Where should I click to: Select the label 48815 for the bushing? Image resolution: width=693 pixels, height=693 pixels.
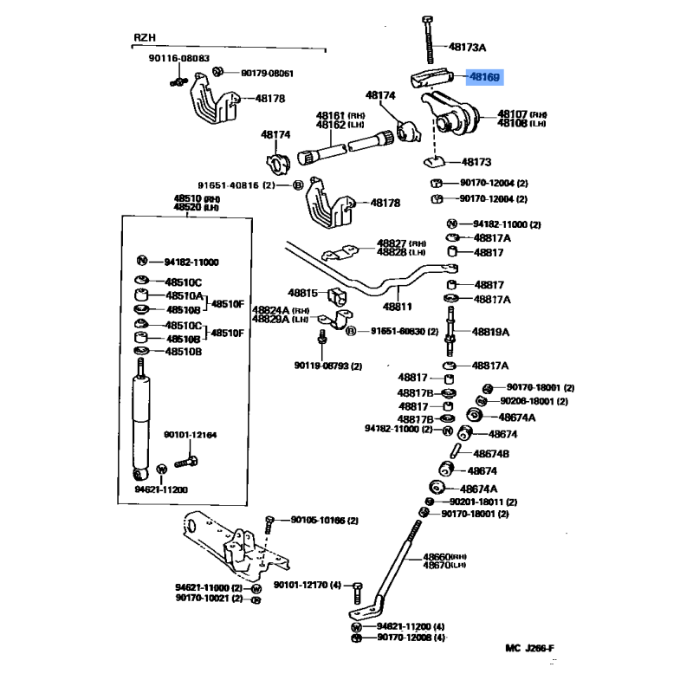pyautogui.click(x=303, y=294)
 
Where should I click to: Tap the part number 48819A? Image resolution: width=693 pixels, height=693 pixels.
pyautogui.click(x=490, y=332)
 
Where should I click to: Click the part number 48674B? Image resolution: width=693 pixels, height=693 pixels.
pyautogui.click(x=490, y=453)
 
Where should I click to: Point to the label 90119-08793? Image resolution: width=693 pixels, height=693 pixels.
pyautogui.click(x=321, y=366)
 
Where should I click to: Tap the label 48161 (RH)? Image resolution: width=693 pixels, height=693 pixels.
pyautogui.click(x=330, y=114)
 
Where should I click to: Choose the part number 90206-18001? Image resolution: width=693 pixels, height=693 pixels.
pyautogui.click(x=534, y=401)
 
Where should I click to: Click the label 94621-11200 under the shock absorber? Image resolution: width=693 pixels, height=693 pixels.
pyautogui.click(x=161, y=489)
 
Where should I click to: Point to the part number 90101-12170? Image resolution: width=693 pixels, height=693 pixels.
pyautogui.click(x=306, y=586)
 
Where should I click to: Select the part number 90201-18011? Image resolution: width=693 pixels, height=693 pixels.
pyautogui.click(x=483, y=502)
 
